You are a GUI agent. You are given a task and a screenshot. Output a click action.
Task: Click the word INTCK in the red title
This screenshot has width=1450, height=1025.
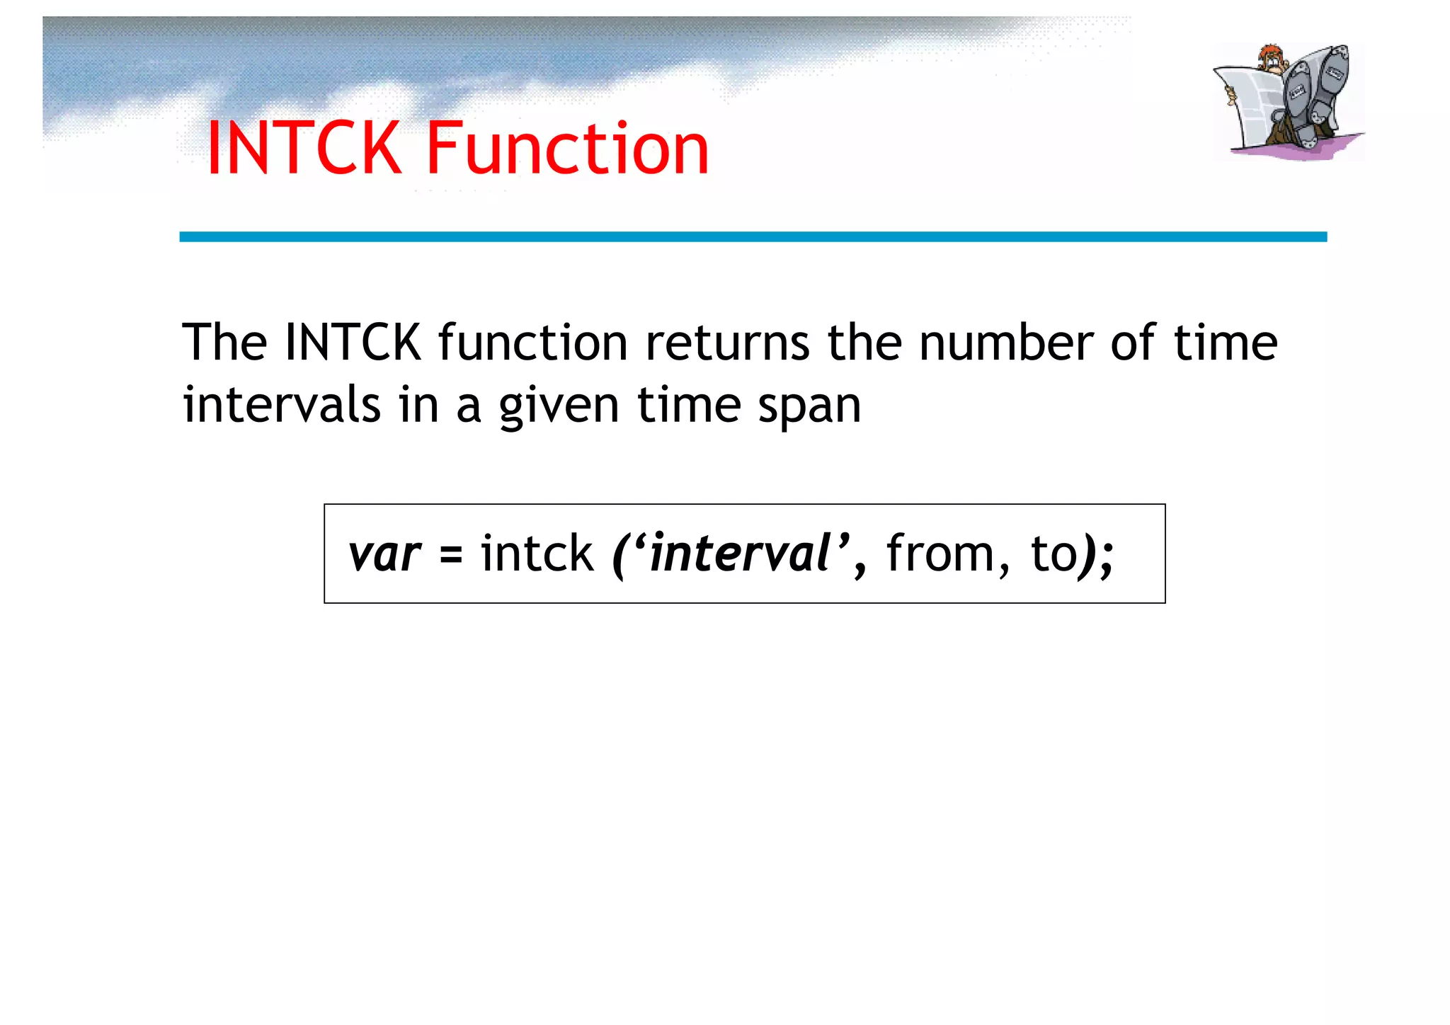click(304, 148)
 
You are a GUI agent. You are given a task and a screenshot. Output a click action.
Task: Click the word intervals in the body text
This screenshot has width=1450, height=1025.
click(282, 406)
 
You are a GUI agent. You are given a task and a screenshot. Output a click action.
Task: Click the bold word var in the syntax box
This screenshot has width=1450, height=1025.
click(384, 554)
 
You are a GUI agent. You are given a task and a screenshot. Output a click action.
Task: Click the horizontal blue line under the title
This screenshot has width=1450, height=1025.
click(753, 236)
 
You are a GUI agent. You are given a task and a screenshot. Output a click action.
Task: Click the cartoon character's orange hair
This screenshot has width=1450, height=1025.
click(1272, 53)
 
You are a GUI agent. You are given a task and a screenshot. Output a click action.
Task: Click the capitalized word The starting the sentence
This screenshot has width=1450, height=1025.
click(224, 343)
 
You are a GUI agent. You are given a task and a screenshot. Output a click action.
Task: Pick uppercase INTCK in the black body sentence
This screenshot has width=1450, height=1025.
click(353, 343)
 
